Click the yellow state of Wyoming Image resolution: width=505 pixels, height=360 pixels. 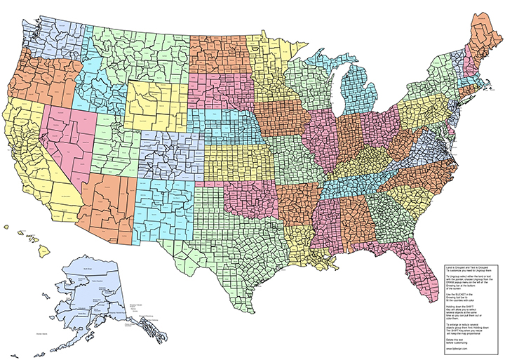tap(157, 105)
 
